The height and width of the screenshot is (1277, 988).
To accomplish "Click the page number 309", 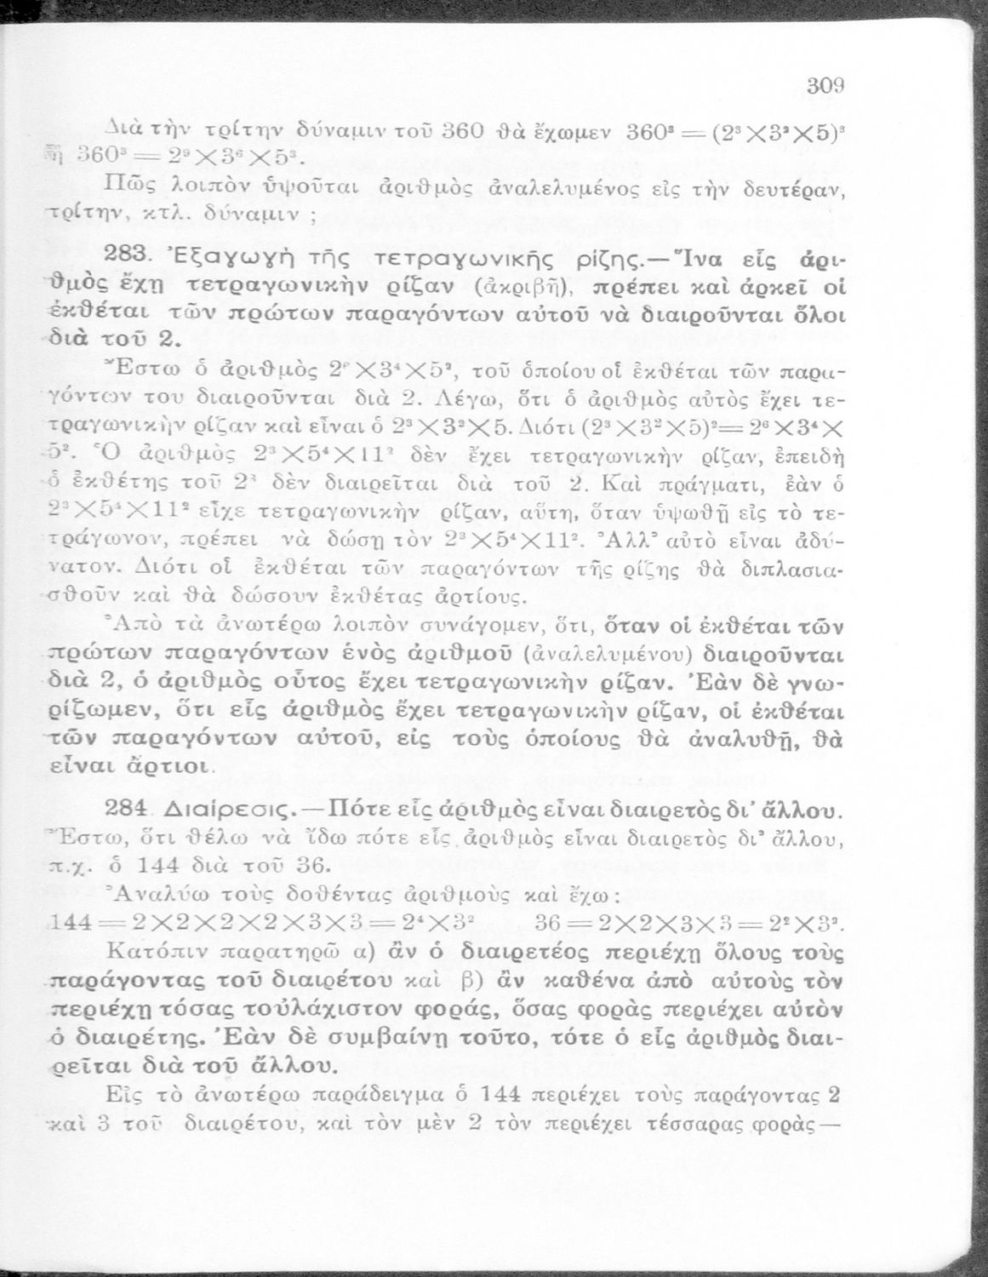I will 825,85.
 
